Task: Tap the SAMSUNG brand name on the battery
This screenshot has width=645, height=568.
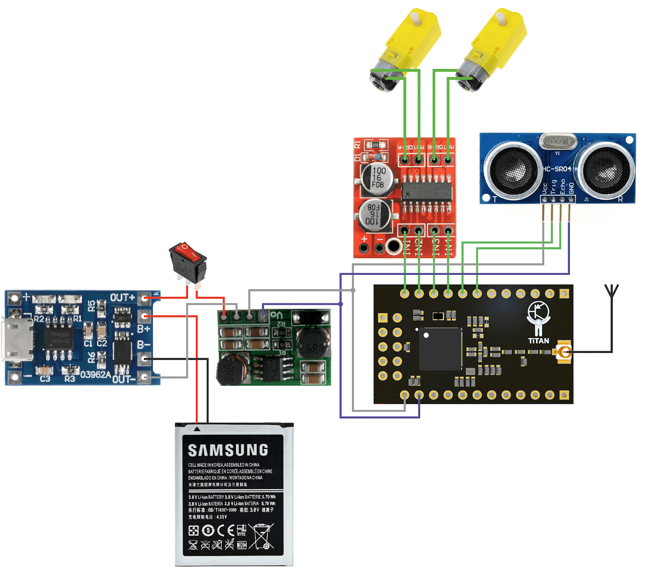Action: coord(228,450)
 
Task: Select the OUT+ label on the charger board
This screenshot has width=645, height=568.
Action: coord(122,298)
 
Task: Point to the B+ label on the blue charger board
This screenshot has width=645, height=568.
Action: coord(144,329)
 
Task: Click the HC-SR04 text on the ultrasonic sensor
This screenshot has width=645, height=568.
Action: coord(557,169)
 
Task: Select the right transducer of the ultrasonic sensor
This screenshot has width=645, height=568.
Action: coord(606,169)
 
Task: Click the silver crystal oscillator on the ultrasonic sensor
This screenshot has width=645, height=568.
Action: coord(558,141)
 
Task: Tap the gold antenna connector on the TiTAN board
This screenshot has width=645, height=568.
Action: coord(564,352)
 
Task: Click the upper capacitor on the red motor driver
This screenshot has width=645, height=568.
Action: coord(377,178)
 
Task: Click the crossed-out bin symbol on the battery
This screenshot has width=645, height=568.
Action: coord(262,536)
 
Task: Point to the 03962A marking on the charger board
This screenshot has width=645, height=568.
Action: coord(96,375)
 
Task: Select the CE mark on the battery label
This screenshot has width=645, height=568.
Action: coord(226,531)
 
